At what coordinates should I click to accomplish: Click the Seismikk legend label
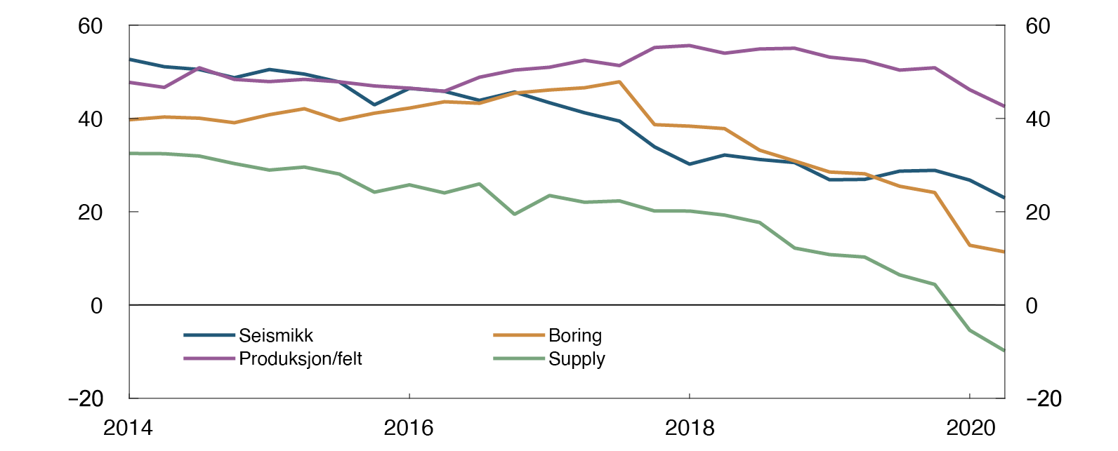tap(275, 336)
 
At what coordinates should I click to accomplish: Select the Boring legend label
tap(574, 336)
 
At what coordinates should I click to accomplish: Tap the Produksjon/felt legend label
tap(301, 359)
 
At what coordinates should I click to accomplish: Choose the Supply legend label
tap(577, 359)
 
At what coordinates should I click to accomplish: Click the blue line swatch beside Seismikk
tap(209, 336)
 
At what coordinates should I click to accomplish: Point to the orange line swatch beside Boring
tap(519, 336)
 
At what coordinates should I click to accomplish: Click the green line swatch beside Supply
tap(519, 359)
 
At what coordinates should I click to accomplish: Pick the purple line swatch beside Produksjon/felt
tap(209, 359)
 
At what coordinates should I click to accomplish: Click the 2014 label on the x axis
tap(128, 428)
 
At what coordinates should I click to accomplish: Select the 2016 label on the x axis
tap(409, 428)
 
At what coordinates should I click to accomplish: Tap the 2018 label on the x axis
tap(689, 428)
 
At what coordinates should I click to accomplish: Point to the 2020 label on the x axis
tap(970, 428)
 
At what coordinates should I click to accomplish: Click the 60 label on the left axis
tap(91, 27)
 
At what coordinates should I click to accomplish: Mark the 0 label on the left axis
tap(97, 306)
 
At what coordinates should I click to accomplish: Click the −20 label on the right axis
tap(1044, 399)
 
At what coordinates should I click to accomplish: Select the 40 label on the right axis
tap(1038, 119)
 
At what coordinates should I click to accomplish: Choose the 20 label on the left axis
tap(91, 213)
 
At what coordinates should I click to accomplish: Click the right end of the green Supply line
tap(1004, 351)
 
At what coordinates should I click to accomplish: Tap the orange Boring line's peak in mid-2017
tap(619, 82)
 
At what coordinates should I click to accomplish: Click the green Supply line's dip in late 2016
tap(514, 214)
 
